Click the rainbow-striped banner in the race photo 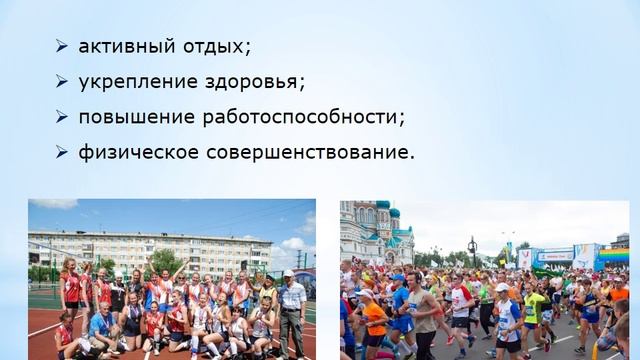(x=612, y=257)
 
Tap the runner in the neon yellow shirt (x=534, y=306)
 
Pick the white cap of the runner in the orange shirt (x=366, y=294)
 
